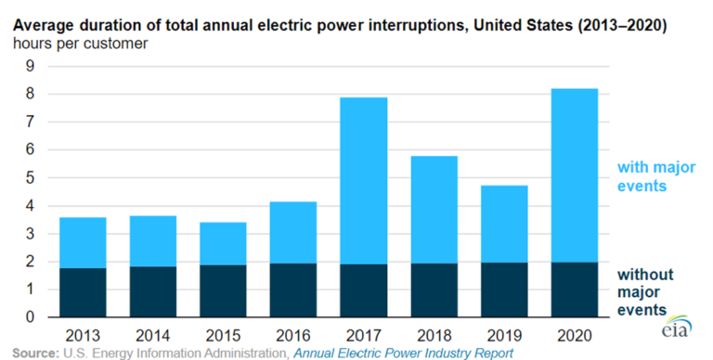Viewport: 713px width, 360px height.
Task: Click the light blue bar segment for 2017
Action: pos(363,180)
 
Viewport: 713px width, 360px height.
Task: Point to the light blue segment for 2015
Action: pos(222,243)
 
